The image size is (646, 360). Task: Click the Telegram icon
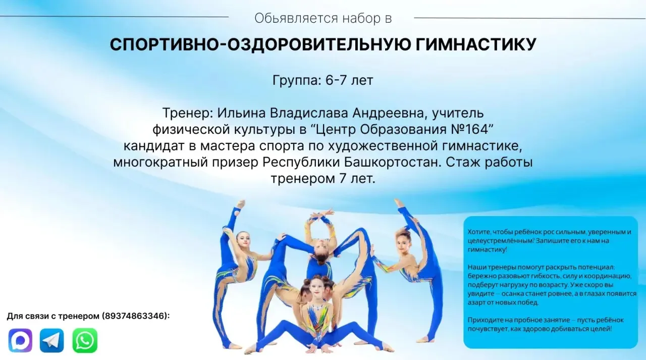[x=51, y=340]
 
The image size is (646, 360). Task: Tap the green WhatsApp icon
[x=85, y=340]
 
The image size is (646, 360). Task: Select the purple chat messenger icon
[x=20, y=340]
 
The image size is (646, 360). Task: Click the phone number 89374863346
[x=135, y=316]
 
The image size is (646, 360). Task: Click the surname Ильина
[x=241, y=113]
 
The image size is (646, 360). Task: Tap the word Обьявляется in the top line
[x=296, y=19]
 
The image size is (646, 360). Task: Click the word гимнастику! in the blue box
[x=487, y=249]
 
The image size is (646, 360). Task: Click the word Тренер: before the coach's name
[x=187, y=113]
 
